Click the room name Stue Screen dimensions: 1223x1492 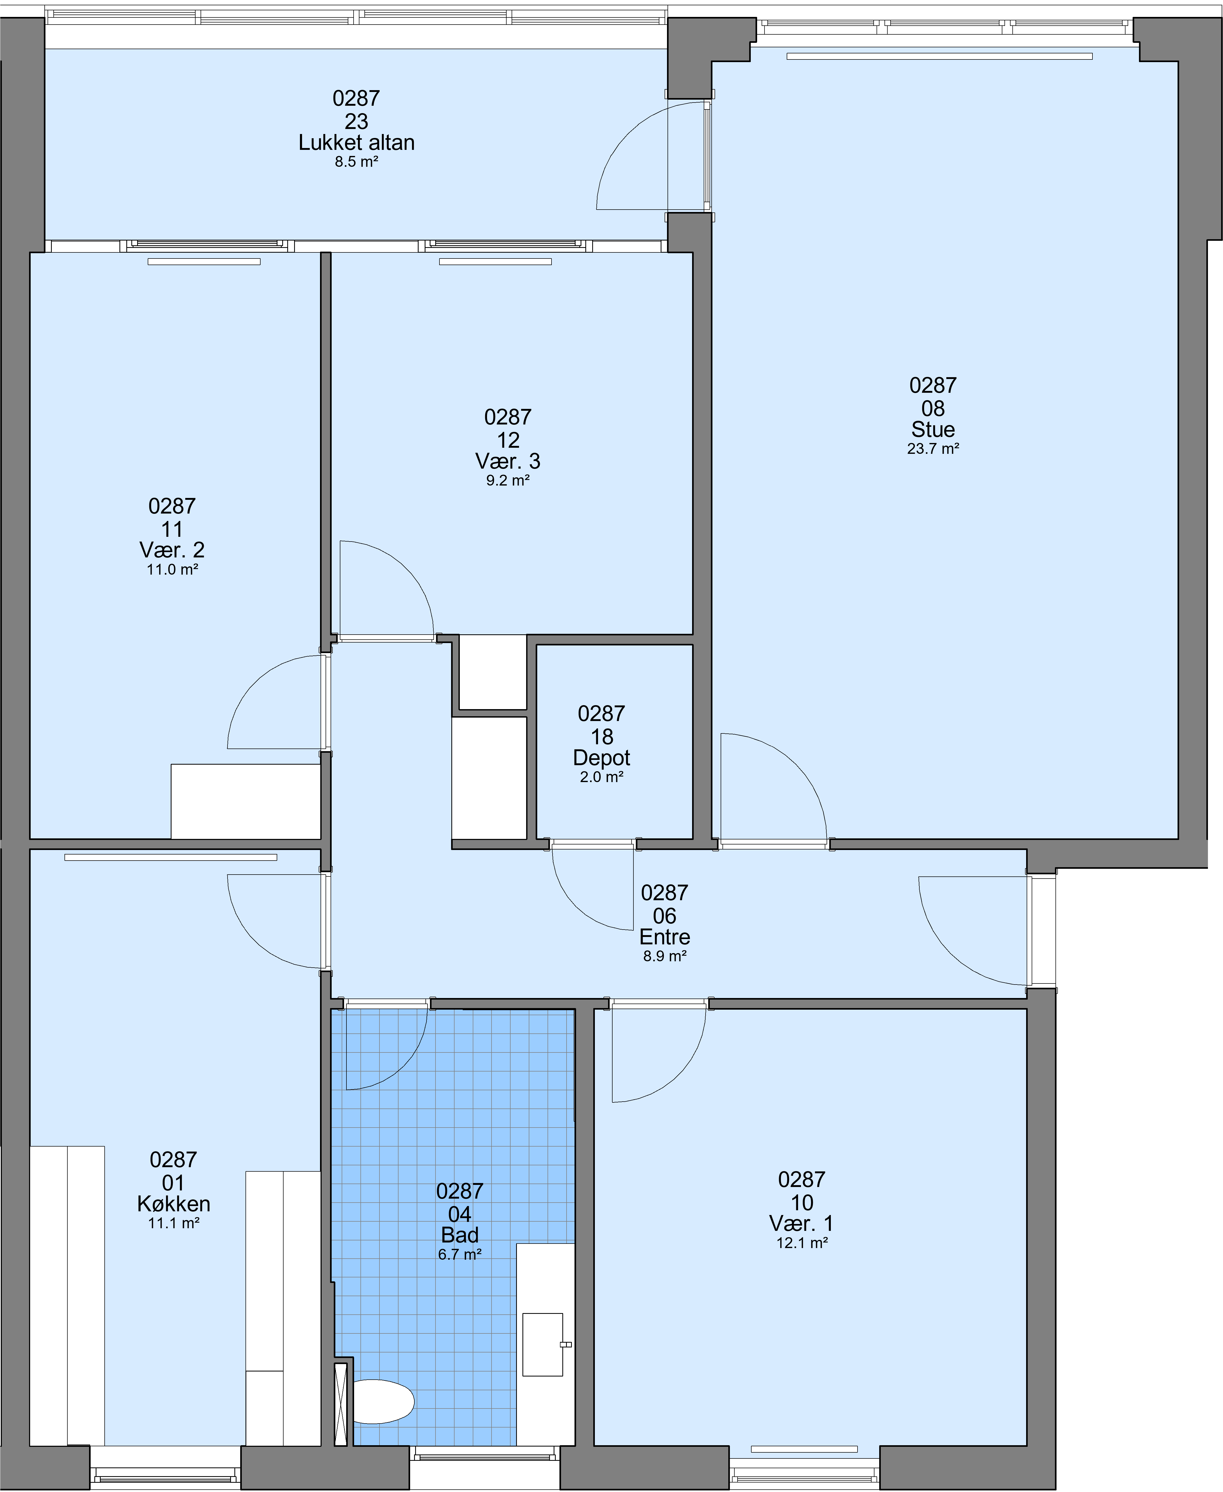[x=933, y=429]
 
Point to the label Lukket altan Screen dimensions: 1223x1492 [x=356, y=142]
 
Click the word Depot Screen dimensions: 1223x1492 [x=602, y=757]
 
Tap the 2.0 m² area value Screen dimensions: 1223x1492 [x=602, y=777]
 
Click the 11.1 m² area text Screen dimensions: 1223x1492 [x=173, y=1223]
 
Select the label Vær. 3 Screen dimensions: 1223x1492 [x=508, y=461]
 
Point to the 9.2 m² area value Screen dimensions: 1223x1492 [x=508, y=481]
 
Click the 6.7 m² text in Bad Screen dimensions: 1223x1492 [x=459, y=1254]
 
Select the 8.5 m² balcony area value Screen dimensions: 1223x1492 [x=356, y=161]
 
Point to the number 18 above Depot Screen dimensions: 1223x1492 [x=602, y=736]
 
